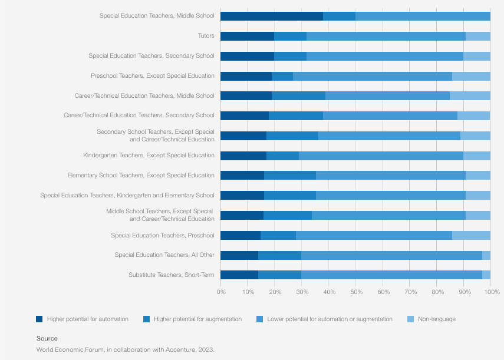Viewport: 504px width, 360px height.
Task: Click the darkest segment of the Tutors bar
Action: (x=247, y=36)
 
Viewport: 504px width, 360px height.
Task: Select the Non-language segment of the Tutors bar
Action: (x=478, y=36)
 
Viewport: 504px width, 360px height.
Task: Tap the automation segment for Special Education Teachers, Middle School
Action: (x=272, y=16)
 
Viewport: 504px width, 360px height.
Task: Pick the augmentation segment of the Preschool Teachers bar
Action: (x=282, y=76)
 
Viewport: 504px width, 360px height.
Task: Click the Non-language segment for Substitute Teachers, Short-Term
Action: (x=486, y=275)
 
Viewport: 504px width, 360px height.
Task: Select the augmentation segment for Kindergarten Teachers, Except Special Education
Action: (x=282, y=156)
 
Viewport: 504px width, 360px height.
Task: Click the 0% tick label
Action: (x=220, y=292)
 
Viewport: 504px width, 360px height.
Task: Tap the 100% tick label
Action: (x=492, y=292)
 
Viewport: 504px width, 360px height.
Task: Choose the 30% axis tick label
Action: (x=301, y=292)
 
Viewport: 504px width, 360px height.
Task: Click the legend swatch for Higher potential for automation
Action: (x=39, y=319)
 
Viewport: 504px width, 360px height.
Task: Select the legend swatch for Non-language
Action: (x=411, y=319)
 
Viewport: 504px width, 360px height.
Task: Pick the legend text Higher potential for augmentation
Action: (x=197, y=319)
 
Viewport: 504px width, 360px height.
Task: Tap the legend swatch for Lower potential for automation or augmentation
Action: (x=259, y=319)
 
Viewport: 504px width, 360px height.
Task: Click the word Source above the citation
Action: (x=47, y=338)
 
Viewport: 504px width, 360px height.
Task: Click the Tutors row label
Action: (x=206, y=36)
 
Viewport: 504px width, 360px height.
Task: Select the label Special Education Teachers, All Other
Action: (x=164, y=255)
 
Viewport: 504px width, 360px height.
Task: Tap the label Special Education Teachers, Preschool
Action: (x=163, y=236)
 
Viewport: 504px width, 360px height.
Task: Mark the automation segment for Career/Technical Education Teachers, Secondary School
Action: (x=245, y=115)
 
